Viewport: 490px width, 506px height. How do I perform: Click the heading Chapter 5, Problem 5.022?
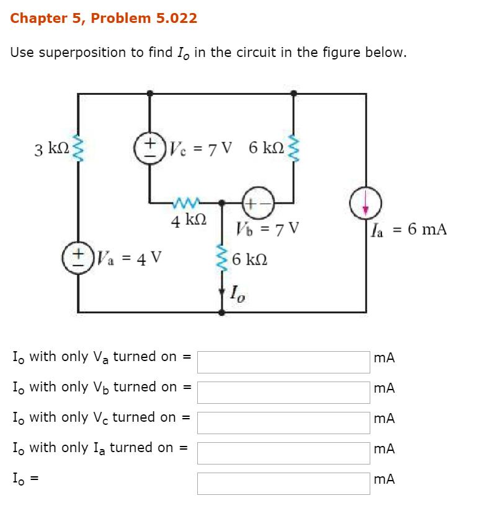click(x=104, y=19)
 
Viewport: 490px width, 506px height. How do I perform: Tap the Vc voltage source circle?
click(x=149, y=149)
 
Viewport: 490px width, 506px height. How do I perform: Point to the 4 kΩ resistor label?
click(x=188, y=220)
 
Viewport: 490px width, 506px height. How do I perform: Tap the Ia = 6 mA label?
click(x=408, y=230)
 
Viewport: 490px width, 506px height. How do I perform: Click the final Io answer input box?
click(x=283, y=483)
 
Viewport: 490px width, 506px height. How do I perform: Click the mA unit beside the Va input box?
click(x=385, y=358)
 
